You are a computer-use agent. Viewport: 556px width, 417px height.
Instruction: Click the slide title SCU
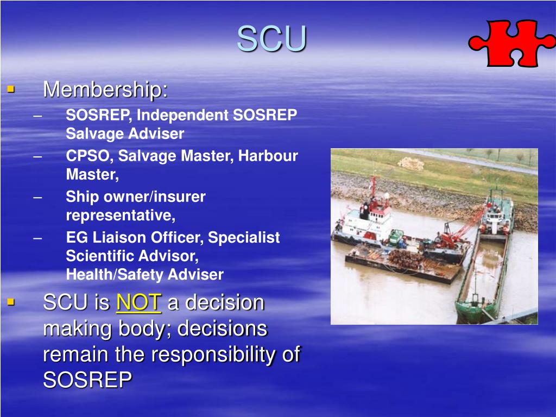coord(271,39)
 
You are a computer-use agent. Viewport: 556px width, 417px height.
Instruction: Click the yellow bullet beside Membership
coord(11,87)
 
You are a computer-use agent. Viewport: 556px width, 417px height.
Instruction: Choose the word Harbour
coord(268,156)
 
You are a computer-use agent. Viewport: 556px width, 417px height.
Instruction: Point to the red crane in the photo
coord(459,231)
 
